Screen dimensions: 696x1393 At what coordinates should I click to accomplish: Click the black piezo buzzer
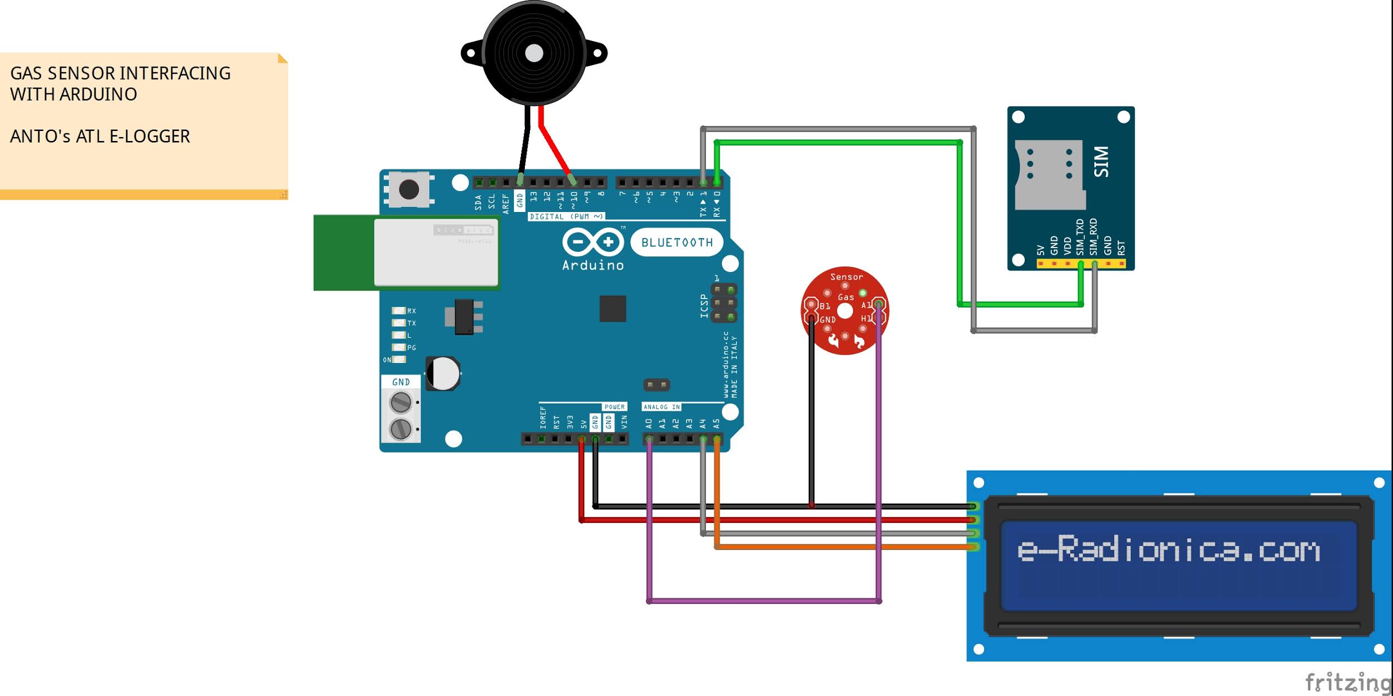pyautogui.click(x=534, y=53)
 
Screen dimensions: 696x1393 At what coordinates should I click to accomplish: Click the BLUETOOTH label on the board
pyautogui.click(x=677, y=243)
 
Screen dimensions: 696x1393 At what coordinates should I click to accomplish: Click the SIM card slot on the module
pyautogui.click(x=1049, y=174)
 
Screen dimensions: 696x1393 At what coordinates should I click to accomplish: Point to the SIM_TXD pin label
pyautogui.click(x=1080, y=237)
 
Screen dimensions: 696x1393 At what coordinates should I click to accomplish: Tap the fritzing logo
pyautogui.click(x=1347, y=682)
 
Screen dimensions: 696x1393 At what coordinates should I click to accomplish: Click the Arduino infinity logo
pyautogui.click(x=593, y=243)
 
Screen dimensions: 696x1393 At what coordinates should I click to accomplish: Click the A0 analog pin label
pyautogui.click(x=649, y=423)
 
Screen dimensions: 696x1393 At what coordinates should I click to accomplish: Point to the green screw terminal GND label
pyautogui.click(x=400, y=382)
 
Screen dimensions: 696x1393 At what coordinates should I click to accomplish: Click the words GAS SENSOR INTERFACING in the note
pyautogui.click(x=120, y=73)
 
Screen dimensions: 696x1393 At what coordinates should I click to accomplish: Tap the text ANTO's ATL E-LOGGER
pyautogui.click(x=100, y=137)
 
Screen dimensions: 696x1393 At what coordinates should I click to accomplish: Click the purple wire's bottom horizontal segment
pyautogui.click(x=764, y=601)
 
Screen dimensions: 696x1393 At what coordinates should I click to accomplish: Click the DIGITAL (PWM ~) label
pyautogui.click(x=566, y=216)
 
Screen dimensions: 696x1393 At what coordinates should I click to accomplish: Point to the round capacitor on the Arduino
pyautogui.click(x=443, y=374)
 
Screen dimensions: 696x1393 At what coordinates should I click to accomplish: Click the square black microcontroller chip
pyautogui.click(x=613, y=309)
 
